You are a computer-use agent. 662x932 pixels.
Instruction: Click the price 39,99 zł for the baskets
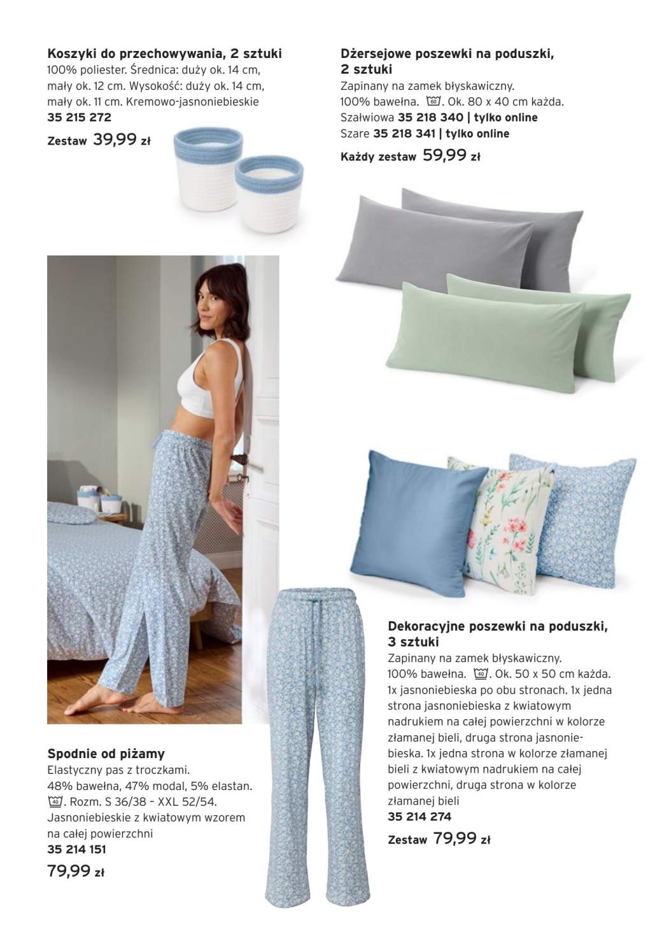click(121, 140)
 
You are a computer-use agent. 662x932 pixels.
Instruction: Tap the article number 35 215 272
click(79, 117)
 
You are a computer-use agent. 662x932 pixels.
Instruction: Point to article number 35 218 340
click(430, 117)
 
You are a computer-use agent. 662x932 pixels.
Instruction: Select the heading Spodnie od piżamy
click(106, 754)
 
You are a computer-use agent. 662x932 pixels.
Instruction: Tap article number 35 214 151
click(76, 849)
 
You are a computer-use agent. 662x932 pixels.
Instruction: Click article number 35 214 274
click(419, 817)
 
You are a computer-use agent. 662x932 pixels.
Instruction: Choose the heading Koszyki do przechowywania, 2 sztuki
click(164, 54)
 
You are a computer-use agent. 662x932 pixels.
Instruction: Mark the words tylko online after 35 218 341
click(477, 134)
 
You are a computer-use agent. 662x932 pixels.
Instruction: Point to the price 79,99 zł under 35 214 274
click(461, 839)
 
